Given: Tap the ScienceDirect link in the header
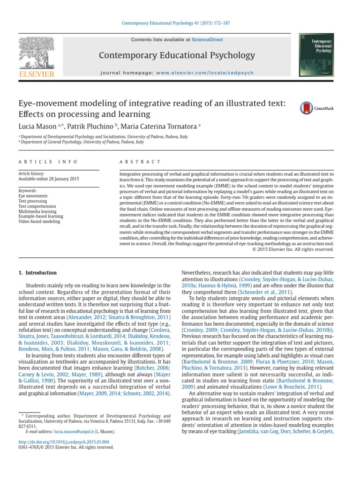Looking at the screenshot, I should tap(204, 40).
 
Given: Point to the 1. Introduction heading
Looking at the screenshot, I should tap(37, 273).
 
